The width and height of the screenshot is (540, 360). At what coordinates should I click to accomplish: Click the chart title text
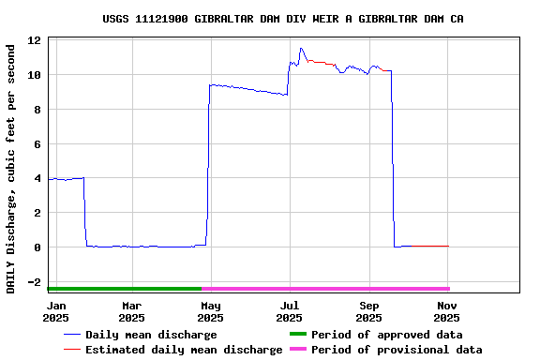pyautogui.click(x=282, y=19)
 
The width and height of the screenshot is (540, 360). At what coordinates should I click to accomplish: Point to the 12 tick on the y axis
pyautogui.click(x=34, y=40)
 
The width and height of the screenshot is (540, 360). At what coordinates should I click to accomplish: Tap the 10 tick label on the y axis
pyautogui.click(x=34, y=75)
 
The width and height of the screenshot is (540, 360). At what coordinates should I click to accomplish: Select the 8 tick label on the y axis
pyautogui.click(x=37, y=110)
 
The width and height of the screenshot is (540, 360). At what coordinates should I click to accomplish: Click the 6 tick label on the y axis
pyautogui.click(x=37, y=144)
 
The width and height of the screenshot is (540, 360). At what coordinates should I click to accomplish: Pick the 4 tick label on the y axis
pyautogui.click(x=37, y=178)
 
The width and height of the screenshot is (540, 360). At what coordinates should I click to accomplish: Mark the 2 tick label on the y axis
pyautogui.click(x=37, y=213)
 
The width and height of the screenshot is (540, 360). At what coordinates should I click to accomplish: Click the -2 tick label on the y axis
pyautogui.click(x=34, y=282)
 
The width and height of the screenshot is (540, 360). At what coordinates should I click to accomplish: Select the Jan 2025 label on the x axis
pyautogui.click(x=56, y=311)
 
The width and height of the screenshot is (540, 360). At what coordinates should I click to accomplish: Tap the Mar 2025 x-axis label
pyautogui.click(x=131, y=311)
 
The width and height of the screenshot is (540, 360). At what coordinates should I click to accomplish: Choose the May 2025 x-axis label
pyautogui.click(x=211, y=311)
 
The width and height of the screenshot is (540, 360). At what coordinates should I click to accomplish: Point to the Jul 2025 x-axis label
pyautogui.click(x=290, y=311)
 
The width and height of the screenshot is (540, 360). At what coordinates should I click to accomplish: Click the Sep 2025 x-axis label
pyautogui.click(x=369, y=311)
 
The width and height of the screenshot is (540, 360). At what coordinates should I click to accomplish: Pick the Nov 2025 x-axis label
pyautogui.click(x=447, y=311)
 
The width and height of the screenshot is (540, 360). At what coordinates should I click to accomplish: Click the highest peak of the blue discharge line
pyautogui.click(x=301, y=48)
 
